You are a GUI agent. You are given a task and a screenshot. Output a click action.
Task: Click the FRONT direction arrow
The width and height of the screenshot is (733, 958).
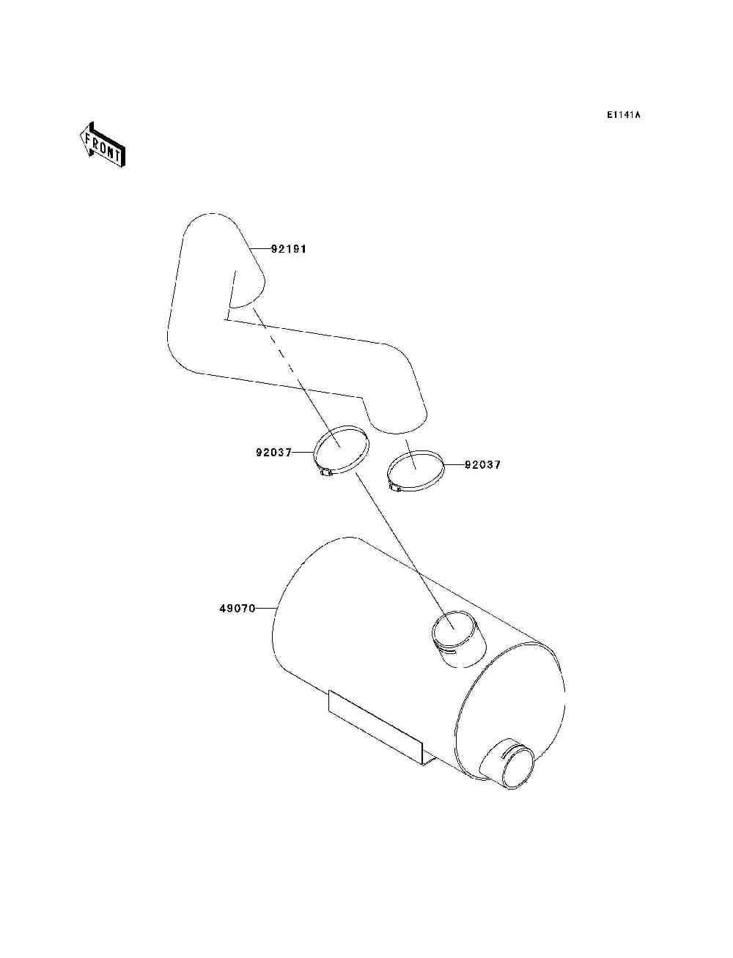[x=103, y=144]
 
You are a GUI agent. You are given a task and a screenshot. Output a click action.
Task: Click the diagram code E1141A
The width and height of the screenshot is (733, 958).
[x=623, y=115]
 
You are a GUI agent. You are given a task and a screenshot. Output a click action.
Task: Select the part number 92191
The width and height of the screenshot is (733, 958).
[x=289, y=249]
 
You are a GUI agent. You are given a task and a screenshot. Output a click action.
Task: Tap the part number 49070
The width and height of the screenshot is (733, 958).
[x=237, y=609]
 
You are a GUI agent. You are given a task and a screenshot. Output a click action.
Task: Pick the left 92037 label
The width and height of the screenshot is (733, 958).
[x=274, y=453]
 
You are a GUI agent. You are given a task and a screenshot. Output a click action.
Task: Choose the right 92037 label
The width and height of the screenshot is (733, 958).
[x=483, y=465]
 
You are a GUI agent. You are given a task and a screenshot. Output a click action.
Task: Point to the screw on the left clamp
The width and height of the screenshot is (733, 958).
[x=326, y=472]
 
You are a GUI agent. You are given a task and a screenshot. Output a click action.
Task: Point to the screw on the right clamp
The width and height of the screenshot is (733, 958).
[x=394, y=489]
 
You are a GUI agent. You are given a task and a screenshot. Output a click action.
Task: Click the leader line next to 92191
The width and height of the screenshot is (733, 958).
[x=261, y=249]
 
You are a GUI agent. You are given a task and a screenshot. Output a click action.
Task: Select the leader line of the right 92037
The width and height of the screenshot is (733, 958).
[x=454, y=465]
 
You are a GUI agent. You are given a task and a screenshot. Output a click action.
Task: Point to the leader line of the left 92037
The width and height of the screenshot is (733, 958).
[x=303, y=453]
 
